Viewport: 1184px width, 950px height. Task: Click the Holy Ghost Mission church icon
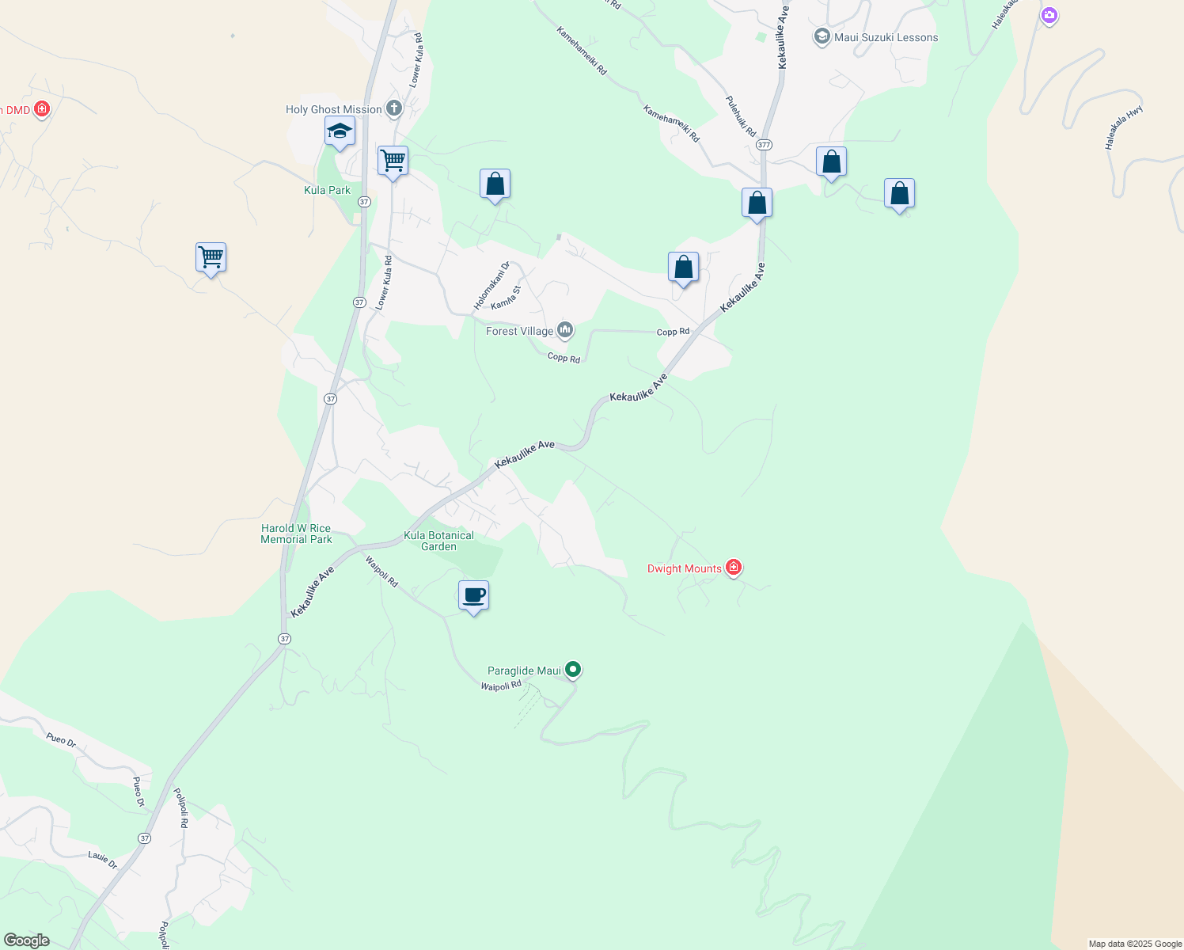(x=394, y=109)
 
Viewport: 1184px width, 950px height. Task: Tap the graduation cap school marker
(x=340, y=131)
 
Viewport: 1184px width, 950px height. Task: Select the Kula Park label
(x=327, y=190)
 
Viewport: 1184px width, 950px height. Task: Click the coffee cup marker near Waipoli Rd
(x=473, y=596)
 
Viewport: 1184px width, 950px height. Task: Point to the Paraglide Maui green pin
(x=574, y=670)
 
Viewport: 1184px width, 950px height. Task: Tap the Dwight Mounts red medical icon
(x=734, y=568)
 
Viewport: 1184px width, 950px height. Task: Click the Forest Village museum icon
(x=565, y=330)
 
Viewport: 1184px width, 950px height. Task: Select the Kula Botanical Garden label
(x=438, y=541)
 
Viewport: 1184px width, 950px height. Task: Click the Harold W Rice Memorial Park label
(x=296, y=534)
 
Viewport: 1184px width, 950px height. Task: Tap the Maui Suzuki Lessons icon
(x=822, y=37)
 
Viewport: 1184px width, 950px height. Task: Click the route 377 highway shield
(x=764, y=145)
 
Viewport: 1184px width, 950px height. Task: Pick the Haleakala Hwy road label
(x=1124, y=127)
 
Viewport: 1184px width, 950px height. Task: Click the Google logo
(x=27, y=940)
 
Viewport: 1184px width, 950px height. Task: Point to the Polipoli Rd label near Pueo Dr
(x=181, y=807)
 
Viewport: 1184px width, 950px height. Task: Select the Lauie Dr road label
(x=103, y=859)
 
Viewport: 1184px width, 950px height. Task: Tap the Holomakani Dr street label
(x=491, y=286)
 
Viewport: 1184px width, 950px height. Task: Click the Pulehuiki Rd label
(x=741, y=116)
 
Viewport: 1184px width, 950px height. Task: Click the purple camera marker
(x=1049, y=15)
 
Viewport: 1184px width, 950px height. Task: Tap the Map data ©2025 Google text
(x=1135, y=944)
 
